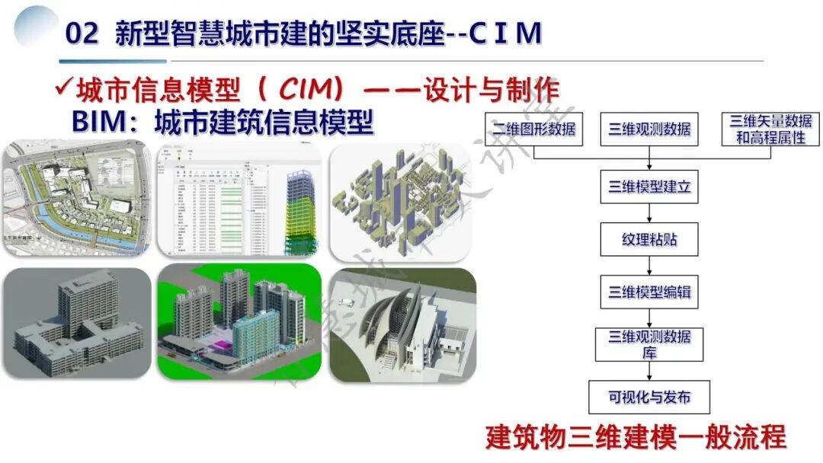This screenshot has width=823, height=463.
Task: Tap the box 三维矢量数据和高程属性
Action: pyautogui.click(x=770, y=129)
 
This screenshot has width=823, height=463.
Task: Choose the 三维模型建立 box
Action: pyautogui.click(x=649, y=186)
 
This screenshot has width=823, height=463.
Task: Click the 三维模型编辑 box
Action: pyautogui.click(x=649, y=292)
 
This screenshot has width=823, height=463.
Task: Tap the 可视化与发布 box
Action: pyautogui.click(x=649, y=398)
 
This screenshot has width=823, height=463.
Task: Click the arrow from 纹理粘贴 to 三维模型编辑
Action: pyautogui.click(x=649, y=266)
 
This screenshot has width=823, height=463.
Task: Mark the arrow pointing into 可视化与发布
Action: pyautogui.click(x=649, y=371)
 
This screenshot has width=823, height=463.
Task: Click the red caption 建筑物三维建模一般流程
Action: pyautogui.click(x=636, y=438)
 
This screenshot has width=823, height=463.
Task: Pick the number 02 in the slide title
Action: pyautogui.click(x=82, y=34)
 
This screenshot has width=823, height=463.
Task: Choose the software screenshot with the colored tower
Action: pyautogui.click(x=237, y=200)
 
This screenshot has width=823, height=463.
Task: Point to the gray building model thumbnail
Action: pyautogui.click(x=76, y=324)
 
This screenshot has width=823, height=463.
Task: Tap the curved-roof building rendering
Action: pyautogui.click(x=402, y=324)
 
